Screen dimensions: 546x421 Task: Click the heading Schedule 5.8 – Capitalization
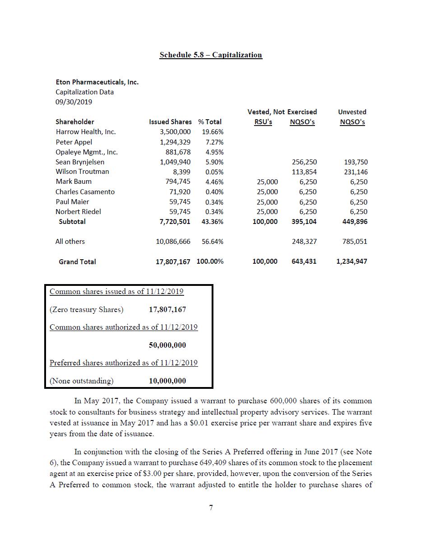[210, 55]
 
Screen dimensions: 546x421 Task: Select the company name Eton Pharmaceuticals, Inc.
[97, 82]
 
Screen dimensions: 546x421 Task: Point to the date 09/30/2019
[74, 102]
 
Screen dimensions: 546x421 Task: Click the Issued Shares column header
[170, 122]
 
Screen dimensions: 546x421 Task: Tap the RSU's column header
[263, 122]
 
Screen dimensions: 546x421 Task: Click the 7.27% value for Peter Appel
[214, 142]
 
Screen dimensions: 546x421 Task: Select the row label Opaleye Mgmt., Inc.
[87, 152]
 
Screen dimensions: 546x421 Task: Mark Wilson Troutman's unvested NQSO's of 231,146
[355, 172]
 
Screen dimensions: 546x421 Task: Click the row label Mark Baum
[74, 182]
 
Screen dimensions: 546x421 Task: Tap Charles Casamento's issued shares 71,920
[180, 192]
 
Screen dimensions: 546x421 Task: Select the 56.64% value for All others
[213, 242]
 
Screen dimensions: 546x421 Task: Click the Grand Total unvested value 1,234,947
[352, 261]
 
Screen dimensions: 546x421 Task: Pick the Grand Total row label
[77, 261]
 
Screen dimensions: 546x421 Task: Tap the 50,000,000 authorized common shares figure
[167, 345]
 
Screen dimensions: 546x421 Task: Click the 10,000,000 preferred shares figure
[167, 381]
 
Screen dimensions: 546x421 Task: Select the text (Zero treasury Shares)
[86, 310]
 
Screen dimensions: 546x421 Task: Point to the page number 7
[211, 508]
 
